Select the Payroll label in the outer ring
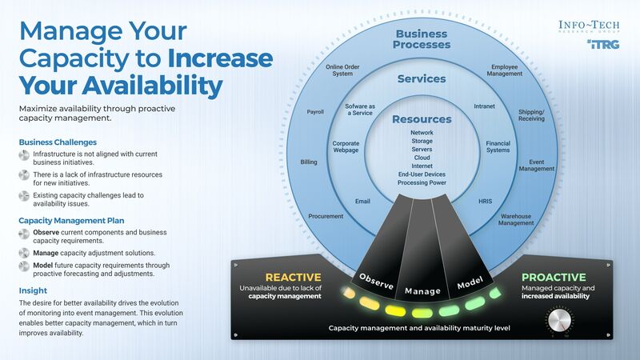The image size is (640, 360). pos(315,112)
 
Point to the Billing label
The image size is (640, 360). pos(308,162)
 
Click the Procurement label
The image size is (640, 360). pos(326,216)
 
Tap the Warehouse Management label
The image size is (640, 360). pos(516,219)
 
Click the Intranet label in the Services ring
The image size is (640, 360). pos(484,106)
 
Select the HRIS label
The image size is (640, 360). pos(486,201)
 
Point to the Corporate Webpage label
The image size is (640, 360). pos(346,148)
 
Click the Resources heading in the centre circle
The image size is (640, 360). pos(422,119)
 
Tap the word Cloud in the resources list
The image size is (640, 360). pos(422,158)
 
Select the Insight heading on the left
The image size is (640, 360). pos(33,290)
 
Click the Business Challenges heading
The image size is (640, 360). pos(58,142)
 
